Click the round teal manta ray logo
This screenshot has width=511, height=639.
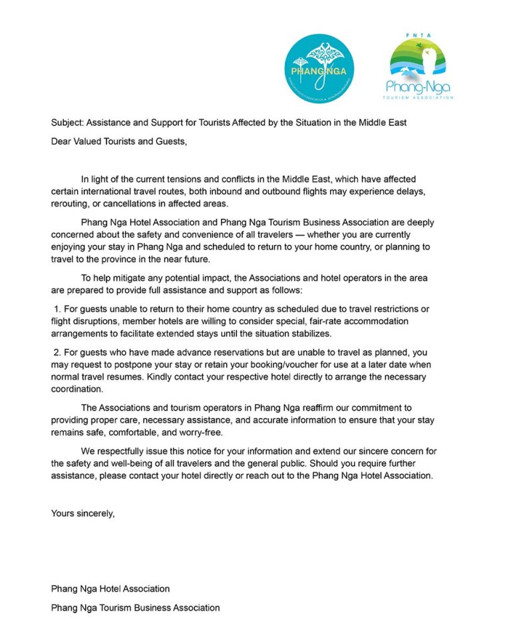point(319,69)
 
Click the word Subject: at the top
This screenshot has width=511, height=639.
point(69,122)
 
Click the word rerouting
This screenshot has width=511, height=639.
point(71,202)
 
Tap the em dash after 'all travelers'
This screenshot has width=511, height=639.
point(295,234)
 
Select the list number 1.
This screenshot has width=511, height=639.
point(57,309)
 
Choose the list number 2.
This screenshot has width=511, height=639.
point(57,352)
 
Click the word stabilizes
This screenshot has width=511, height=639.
point(308,333)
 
